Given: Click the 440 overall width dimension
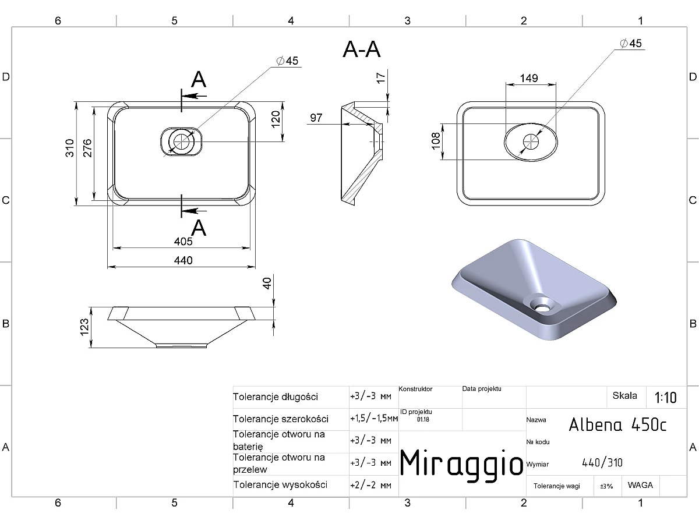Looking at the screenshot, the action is (x=183, y=261).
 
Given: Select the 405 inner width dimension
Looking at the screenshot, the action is (x=183, y=242).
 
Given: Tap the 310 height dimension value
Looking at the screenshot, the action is (x=70, y=148).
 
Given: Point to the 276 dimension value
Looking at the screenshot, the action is (x=87, y=148).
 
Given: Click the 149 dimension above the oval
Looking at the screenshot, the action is (x=529, y=78).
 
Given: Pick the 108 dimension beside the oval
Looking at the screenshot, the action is (x=436, y=141).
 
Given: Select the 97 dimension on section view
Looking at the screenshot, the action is (x=316, y=118).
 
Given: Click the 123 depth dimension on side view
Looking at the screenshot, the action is (x=84, y=327).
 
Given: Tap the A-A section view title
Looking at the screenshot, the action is (x=362, y=49).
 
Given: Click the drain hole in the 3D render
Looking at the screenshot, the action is (x=542, y=307).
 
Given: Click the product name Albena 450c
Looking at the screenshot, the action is (x=617, y=424).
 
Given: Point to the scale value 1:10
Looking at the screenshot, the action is (x=666, y=398).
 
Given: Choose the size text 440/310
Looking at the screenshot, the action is (x=602, y=463).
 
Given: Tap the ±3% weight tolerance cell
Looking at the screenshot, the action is (x=606, y=486).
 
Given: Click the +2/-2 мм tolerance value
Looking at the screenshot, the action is (x=370, y=485).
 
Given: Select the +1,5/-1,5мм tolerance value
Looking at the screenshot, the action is (x=374, y=418).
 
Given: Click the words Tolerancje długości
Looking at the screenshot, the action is (x=276, y=397).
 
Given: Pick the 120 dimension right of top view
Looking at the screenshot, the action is (x=276, y=119).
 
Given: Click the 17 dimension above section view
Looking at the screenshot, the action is (x=381, y=78).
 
